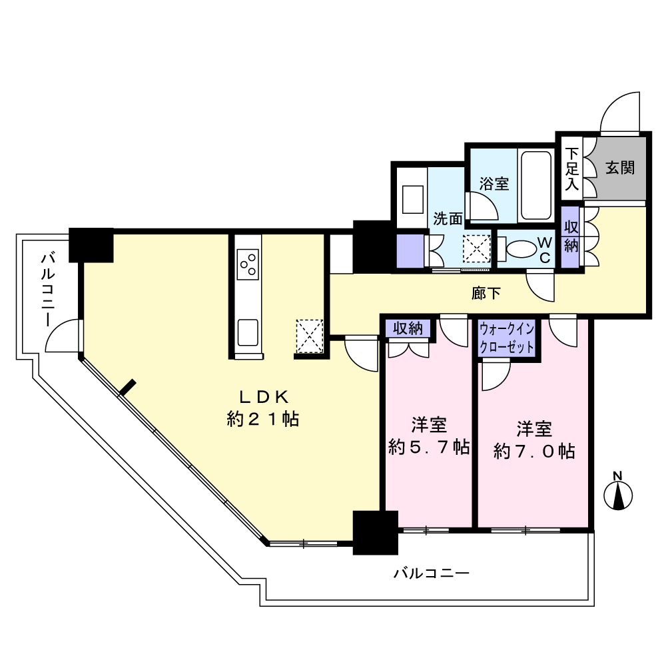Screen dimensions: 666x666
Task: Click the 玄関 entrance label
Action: [x=619, y=168]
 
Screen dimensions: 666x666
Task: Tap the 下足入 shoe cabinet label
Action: [x=571, y=168]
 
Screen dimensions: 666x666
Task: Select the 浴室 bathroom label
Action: [x=494, y=184]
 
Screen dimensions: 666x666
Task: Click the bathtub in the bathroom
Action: [x=536, y=185]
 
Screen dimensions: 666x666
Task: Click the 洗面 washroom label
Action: [x=448, y=218]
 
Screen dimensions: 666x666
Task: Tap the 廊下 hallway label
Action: [x=486, y=293]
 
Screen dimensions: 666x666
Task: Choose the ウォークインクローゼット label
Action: [x=506, y=338]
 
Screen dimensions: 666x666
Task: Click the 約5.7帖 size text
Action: [x=428, y=447]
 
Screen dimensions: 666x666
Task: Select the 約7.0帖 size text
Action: [x=534, y=451]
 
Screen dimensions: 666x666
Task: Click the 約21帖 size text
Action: [x=263, y=419]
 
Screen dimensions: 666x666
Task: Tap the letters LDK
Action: [x=264, y=397]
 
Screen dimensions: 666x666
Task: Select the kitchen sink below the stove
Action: [x=248, y=332]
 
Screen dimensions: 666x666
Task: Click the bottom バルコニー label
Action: [x=431, y=574]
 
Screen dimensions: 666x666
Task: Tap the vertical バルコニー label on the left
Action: [x=48, y=290]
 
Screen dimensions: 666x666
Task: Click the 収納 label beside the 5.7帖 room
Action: [x=408, y=328]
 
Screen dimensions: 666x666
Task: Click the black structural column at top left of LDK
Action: [x=91, y=245]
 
